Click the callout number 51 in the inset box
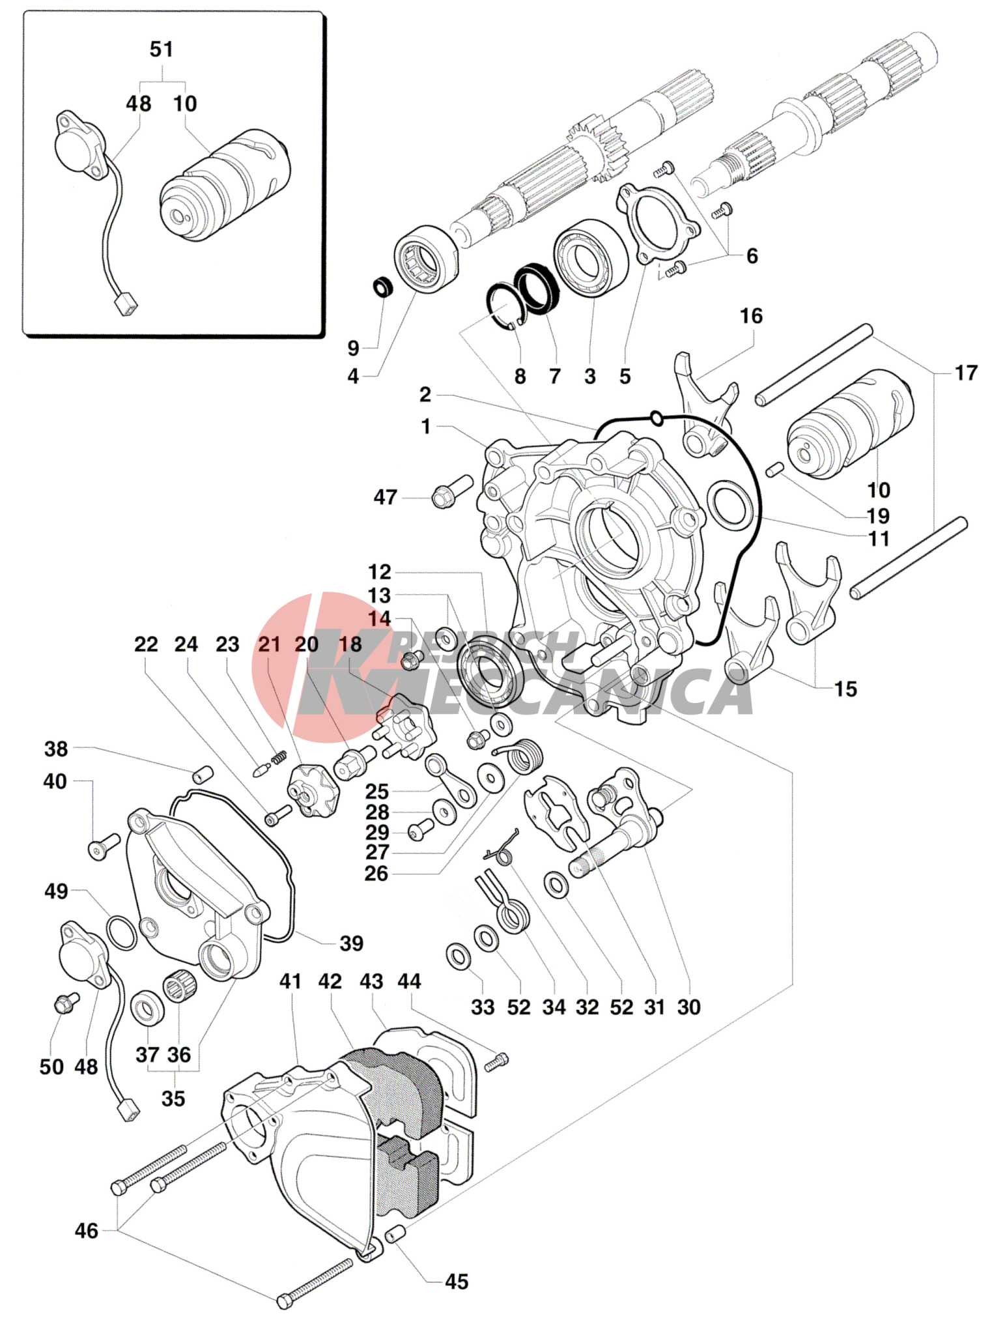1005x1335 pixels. click(162, 50)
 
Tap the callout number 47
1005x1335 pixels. click(385, 497)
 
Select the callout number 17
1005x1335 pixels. click(965, 373)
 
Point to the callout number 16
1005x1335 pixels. click(751, 316)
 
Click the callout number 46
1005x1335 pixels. click(87, 1231)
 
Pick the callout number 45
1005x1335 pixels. click(457, 1282)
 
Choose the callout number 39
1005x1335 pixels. click(352, 943)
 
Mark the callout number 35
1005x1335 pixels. click(173, 1098)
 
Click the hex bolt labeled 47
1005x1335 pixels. click(450, 493)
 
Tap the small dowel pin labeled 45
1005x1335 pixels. click(396, 1234)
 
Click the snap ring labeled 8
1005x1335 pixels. click(506, 306)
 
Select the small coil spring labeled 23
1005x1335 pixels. click(279, 756)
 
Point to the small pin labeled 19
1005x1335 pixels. click(774, 470)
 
